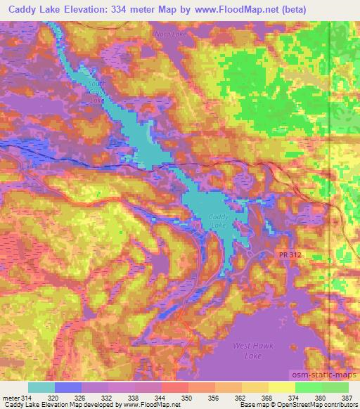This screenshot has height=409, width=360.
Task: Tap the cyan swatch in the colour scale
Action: [41, 387]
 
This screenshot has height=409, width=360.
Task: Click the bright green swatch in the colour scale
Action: [308, 387]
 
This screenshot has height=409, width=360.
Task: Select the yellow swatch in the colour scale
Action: [281, 387]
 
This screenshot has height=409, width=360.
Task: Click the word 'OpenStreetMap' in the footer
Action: [299, 405]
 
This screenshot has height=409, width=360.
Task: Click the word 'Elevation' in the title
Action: [90, 8]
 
